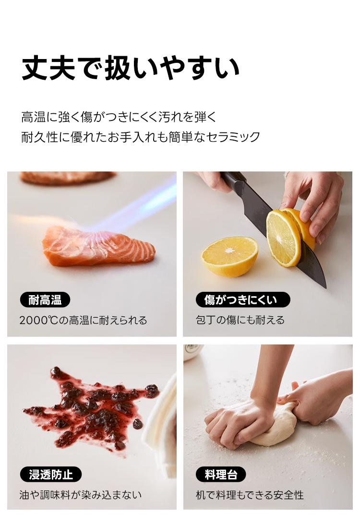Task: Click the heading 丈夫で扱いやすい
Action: [x=131, y=69]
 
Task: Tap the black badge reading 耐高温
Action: [x=45, y=299]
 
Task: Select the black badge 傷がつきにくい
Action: [x=242, y=299]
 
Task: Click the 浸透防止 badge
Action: [x=51, y=474]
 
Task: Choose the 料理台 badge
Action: [x=221, y=474]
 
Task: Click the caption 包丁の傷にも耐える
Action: [x=240, y=320]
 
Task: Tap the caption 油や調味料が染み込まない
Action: [x=81, y=495]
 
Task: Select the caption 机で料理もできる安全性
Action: [x=250, y=495]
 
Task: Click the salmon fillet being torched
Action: [x=98, y=246]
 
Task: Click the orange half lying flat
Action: [x=229, y=256]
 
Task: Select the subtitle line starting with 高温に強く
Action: [x=119, y=117]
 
